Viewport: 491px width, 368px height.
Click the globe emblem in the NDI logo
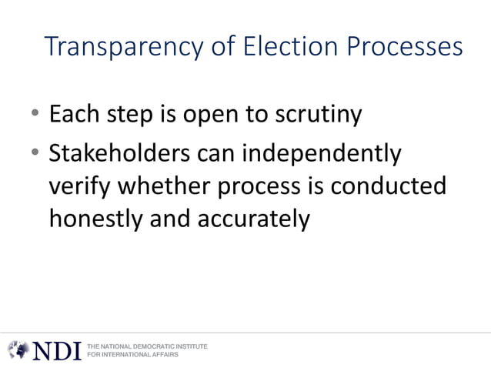pyautogui.click(x=18, y=350)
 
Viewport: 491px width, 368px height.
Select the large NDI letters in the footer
pyautogui.click(x=56, y=350)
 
